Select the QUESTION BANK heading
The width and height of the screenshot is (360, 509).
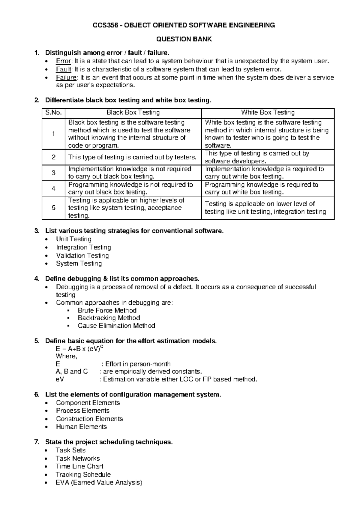click(x=184, y=39)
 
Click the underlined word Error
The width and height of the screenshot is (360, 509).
click(x=63, y=61)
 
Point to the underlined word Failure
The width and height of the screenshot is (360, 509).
click(x=66, y=77)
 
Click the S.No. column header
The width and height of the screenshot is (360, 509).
click(x=53, y=113)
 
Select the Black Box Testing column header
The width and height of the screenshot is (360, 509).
click(x=133, y=113)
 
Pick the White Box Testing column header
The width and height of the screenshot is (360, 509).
click(x=268, y=113)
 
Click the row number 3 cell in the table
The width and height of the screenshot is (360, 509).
click(x=53, y=173)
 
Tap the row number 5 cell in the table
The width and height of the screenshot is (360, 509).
click(x=53, y=208)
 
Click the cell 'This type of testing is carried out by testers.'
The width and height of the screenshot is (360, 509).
click(x=132, y=157)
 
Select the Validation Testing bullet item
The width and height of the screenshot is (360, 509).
click(x=82, y=255)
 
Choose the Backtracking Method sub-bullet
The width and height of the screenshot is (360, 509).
click(x=109, y=318)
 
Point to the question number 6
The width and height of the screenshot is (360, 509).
click(x=37, y=395)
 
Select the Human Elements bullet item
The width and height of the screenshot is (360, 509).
click(x=81, y=427)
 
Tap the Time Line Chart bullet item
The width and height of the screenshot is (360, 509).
click(x=79, y=466)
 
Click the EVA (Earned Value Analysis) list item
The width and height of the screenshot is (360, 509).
click(x=99, y=483)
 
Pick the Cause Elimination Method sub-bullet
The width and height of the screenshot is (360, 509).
click(x=116, y=326)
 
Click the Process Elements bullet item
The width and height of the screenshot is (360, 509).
click(x=82, y=411)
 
